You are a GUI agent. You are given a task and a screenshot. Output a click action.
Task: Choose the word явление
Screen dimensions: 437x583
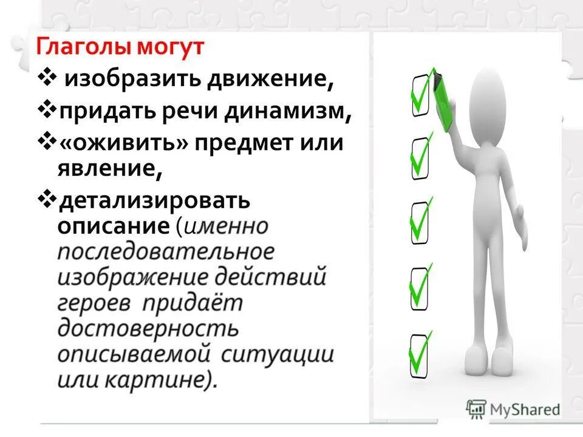coord(110,168)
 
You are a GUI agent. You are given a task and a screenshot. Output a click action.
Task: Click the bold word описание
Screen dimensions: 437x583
coord(113,226)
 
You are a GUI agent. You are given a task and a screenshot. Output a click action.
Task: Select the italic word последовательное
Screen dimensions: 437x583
coord(166,252)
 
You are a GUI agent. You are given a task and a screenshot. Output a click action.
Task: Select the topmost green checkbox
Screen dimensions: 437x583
coord(421,93)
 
